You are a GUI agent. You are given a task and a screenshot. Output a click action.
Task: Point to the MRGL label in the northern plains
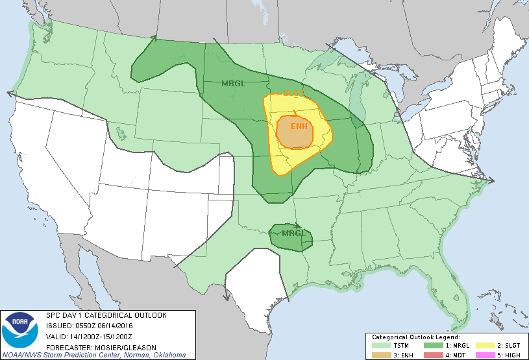[x=232, y=84]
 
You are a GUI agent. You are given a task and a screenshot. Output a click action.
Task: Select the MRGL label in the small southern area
[x=293, y=234]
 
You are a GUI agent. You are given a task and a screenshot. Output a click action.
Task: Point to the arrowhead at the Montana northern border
[x=154, y=38]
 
